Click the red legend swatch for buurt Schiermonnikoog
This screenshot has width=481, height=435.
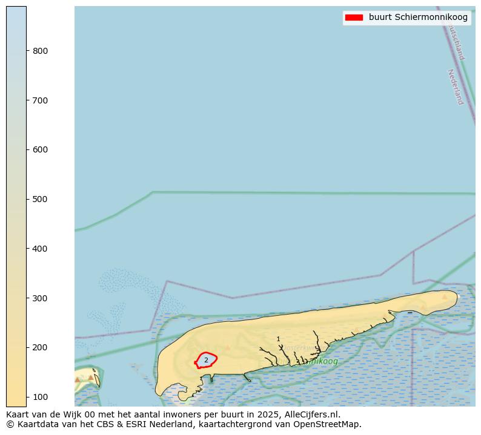coord(353,18)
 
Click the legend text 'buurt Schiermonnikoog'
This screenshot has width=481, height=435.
coord(418,18)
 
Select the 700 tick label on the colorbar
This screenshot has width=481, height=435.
coord(40,100)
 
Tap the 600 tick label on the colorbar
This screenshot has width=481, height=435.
coord(40,149)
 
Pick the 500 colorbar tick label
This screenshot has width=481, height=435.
coord(40,199)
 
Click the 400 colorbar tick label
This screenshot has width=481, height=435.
coord(40,249)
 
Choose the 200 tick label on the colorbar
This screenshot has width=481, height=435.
coord(40,347)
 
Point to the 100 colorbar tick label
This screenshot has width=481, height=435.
coord(40,397)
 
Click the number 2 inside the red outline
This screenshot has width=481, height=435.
coord(206,360)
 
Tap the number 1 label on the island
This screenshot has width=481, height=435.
coord(278,339)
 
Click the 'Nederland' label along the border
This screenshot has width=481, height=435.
coord(455,87)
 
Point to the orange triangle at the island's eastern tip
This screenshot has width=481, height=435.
coord(445,297)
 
